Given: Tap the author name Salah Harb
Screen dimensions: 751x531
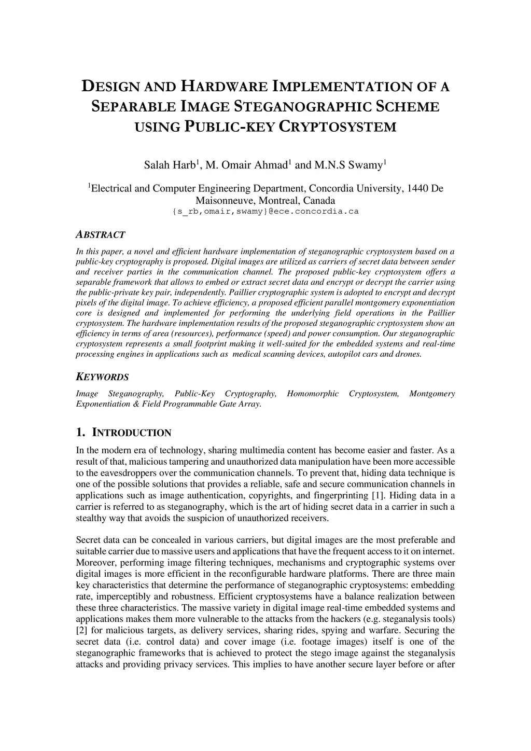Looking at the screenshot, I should point(170,165).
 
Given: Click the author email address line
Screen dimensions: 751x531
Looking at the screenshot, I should point(265,212).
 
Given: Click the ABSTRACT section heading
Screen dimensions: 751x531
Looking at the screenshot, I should point(101,235).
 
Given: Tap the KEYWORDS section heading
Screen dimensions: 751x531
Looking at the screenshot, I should point(102,377).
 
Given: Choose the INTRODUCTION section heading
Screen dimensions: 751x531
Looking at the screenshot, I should point(131,433).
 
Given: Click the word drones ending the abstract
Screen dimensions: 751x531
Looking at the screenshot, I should point(410,354).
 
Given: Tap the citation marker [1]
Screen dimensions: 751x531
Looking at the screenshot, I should point(377,495).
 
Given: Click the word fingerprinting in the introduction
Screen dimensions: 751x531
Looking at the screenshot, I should point(333,495).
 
